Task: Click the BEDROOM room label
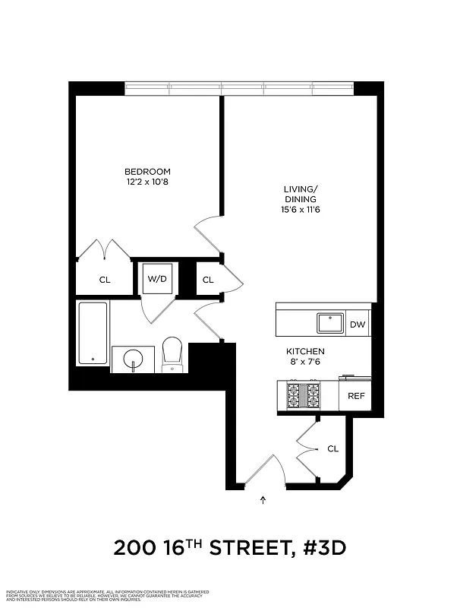pos(147,172)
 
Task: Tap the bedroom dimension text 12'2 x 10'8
pos(147,182)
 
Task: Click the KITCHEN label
pos(305,352)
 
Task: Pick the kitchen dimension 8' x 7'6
pos(305,363)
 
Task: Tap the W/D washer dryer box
pos(157,279)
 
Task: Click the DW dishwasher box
pos(357,325)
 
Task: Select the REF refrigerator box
pos(356,396)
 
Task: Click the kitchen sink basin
pos(331,323)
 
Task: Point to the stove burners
pos(303,395)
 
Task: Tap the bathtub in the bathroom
pos(93,334)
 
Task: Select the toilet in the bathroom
pos(173,354)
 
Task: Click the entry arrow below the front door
pos(263,499)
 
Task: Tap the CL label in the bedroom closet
pos(105,280)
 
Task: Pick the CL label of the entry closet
pos(332,448)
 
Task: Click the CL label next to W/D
pos(208,280)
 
